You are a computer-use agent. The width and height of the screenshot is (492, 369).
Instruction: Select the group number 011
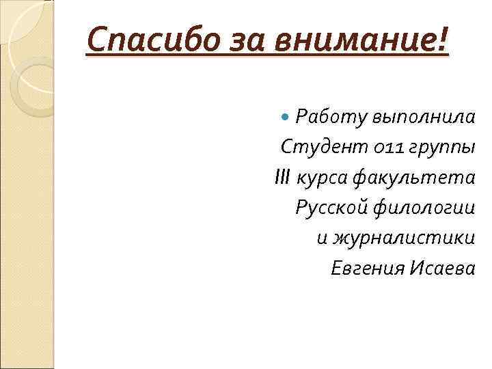click(373, 147)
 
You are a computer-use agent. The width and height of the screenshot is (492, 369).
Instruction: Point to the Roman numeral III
click(282, 178)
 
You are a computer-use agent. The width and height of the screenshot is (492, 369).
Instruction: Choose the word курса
click(322, 178)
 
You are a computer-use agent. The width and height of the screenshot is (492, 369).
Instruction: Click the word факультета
click(414, 178)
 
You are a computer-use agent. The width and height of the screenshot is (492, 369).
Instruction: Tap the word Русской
click(332, 208)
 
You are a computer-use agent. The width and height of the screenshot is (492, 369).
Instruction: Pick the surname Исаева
click(443, 269)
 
